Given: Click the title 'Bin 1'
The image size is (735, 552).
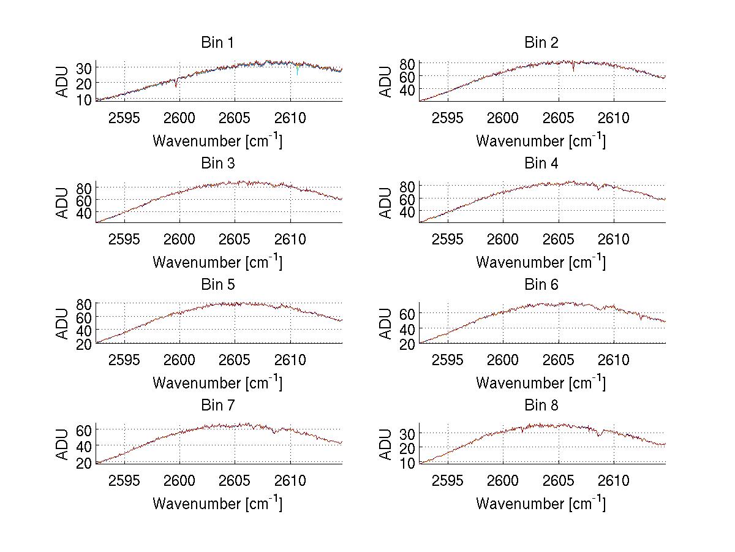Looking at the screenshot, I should (x=217, y=43).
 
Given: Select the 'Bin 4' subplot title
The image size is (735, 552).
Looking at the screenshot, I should (x=541, y=164).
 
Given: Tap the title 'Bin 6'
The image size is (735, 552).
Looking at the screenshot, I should (x=541, y=285).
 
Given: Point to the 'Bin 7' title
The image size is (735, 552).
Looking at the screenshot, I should (x=217, y=406).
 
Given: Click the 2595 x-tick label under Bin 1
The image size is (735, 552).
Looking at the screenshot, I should (x=124, y=118).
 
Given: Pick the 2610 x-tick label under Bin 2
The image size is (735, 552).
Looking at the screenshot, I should (x=614, y=118).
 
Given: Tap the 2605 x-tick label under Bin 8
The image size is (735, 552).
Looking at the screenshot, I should (x=559, y=480).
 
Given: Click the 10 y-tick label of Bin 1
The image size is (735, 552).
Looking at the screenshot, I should (x=85, y=99).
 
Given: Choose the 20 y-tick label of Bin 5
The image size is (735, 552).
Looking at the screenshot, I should (x=85, y=344).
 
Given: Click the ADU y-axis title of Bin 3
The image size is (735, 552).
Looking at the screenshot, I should (x=63, y=203).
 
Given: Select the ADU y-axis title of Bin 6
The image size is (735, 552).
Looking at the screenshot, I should (x=386, y=323).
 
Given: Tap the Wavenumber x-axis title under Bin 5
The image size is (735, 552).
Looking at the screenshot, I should (x=217, y=383).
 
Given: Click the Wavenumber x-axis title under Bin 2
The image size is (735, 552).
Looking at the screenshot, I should (x=541, y=141).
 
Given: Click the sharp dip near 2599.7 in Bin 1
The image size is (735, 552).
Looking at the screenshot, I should (x=176, y=85).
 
